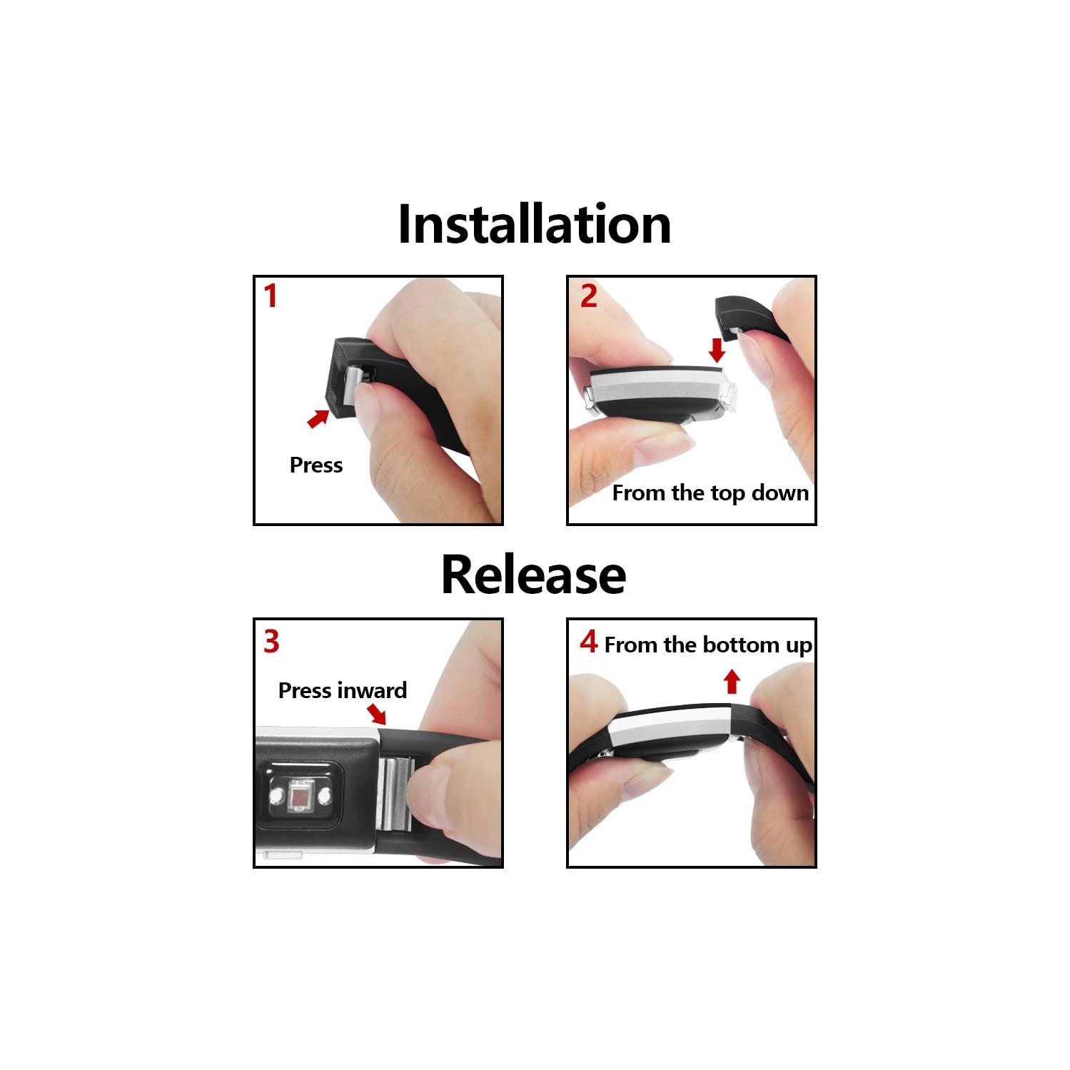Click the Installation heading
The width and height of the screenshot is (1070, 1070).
pos(535,224)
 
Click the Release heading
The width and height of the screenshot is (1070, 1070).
pos(534,575)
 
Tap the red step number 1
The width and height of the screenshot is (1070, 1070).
pos(271,296)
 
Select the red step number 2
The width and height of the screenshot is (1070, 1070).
pos(588,296)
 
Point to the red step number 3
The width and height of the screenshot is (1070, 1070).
pos(271,642)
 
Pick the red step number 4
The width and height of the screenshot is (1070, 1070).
pos(588,642)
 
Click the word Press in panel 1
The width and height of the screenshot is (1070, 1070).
pos(316,465)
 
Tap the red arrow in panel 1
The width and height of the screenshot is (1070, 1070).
pos(318,418)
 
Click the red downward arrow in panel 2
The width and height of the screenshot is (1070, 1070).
pos(717,350)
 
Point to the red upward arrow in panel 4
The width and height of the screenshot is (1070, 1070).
pos(731,682)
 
